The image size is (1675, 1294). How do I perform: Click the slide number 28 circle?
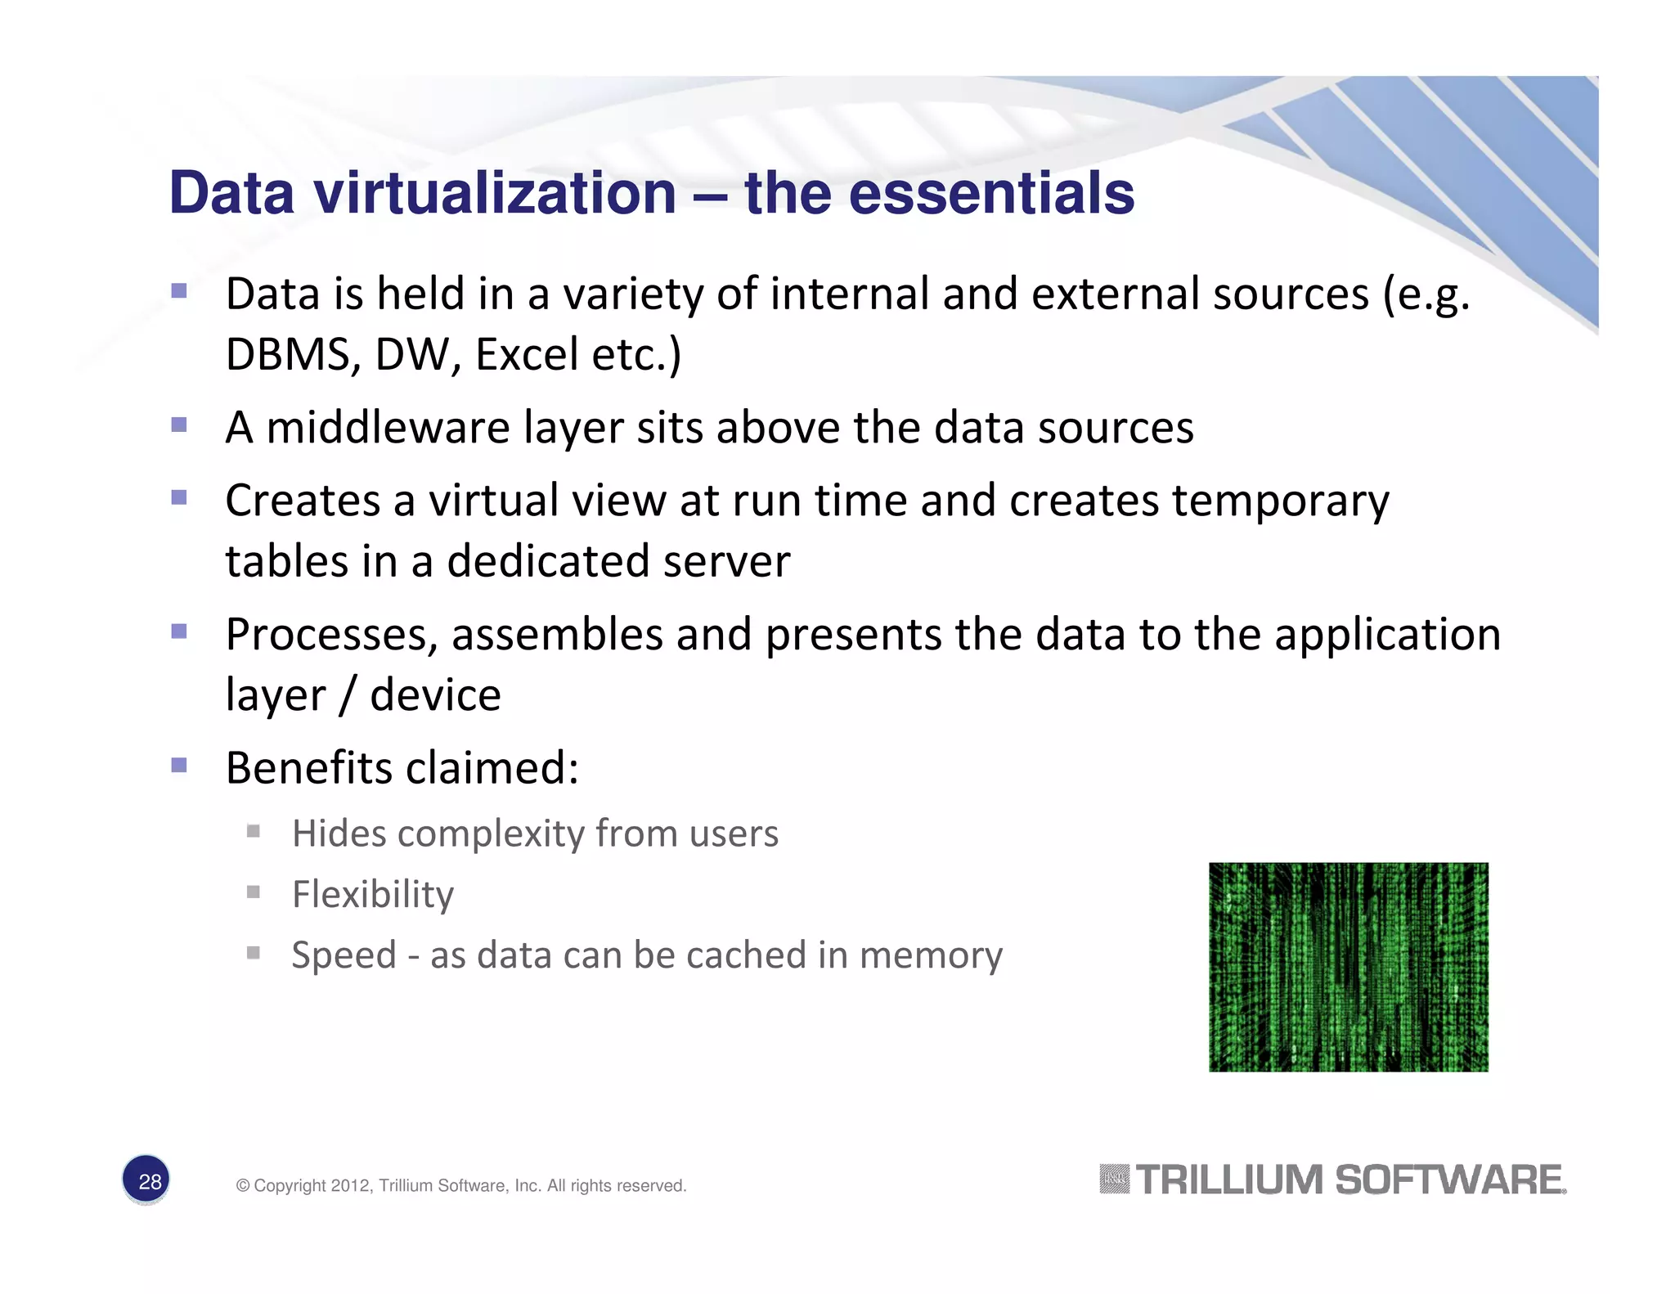click(x=146, y=1180)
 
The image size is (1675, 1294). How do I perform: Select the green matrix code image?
click(x=1348, y=967)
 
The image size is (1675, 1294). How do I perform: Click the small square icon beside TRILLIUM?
click(x=1113, y=1179)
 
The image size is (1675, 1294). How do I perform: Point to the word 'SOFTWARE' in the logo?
click(x=1449, y=1179)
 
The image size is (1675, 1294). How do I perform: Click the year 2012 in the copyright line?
click(x=350, y=1185)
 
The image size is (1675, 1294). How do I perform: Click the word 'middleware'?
click(x=388, y=427)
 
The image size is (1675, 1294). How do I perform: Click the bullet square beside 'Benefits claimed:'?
click(x=179, y=765)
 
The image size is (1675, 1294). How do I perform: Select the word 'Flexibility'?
click(x=372, y=894)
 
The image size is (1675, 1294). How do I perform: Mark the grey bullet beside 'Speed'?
click(x=254, y=952)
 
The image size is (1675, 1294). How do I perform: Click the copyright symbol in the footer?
click(x=242, y=1185)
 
